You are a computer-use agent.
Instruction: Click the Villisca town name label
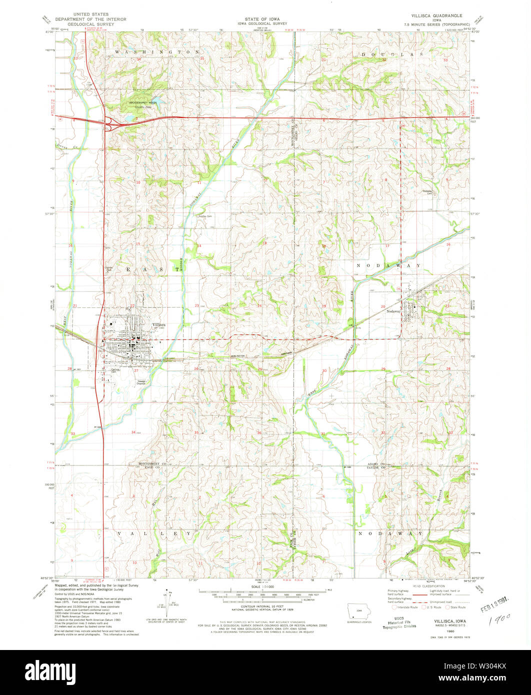(159, 324)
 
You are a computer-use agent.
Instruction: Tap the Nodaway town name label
(394, 310)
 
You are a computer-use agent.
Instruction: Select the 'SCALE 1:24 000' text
(265, 588)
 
